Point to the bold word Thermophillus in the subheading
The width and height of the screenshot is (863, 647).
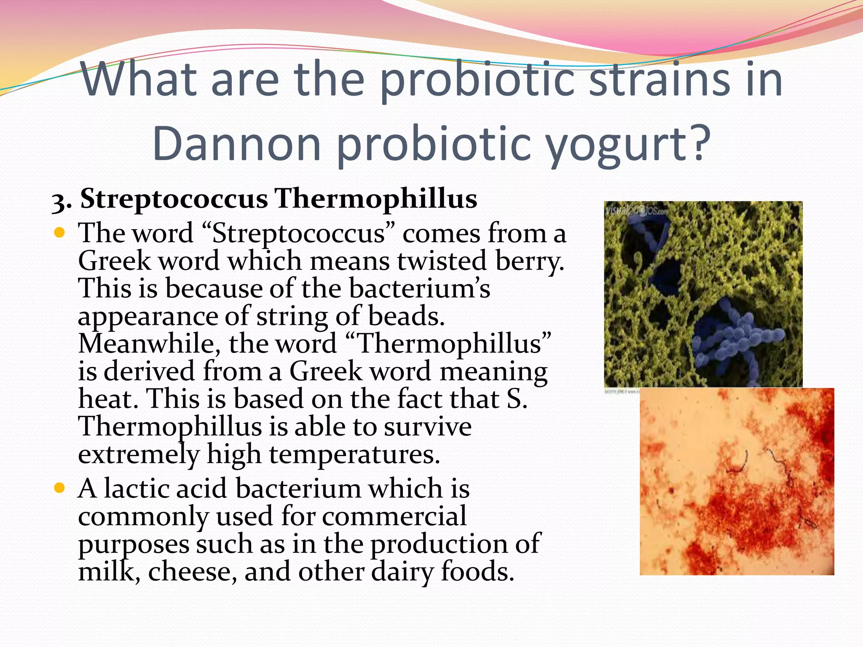click(376, 198)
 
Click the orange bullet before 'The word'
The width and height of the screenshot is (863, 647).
click(59, 232)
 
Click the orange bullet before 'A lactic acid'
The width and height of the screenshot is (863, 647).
click(59, 488)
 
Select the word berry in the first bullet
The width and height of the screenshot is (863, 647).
click(529, 261)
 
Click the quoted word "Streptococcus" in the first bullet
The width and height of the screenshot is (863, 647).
click(298, 233)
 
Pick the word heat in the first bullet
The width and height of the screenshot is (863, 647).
click(107, 398)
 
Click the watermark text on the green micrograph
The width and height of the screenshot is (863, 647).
click(636, 210)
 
